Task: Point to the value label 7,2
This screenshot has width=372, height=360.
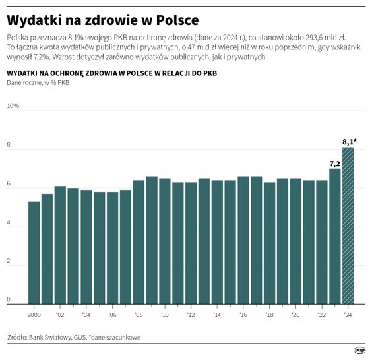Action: click(x=334, y=163)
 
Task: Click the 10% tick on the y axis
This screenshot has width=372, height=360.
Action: click(x=13, y=105)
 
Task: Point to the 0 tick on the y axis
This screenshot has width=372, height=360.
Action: click(x=9, y=300)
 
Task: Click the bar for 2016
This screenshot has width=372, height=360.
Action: click(x=243, y=240)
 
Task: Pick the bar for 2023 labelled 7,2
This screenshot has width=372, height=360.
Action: click(x=335, y=237)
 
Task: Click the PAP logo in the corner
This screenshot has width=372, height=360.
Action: click(x=359, y=350)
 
